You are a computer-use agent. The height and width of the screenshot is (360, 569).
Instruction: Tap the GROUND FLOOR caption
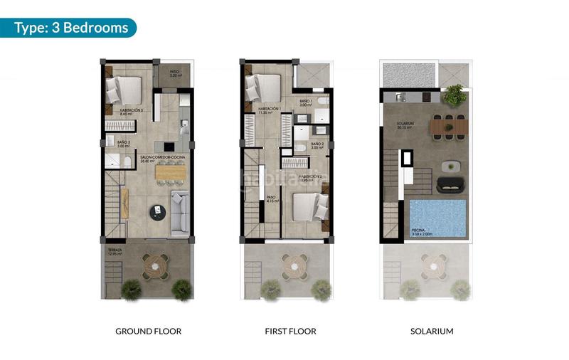[x=148, y=331]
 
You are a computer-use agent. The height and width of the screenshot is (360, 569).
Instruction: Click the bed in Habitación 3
[x=125, y=90]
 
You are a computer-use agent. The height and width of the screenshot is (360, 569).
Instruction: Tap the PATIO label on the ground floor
[x=174, y=73]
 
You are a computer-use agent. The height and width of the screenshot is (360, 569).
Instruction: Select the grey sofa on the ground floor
[x=181, y=211]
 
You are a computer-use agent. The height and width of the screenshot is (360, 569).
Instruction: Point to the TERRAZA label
[x=115, y=251]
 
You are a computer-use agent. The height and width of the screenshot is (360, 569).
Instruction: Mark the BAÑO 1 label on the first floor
[x=307, y=103]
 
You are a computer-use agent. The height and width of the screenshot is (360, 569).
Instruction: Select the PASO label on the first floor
[x=271, y=199]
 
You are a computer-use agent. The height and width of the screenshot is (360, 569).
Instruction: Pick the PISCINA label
[x=419, y=231]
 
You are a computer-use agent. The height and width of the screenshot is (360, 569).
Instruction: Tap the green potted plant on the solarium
[x=453, y=95]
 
